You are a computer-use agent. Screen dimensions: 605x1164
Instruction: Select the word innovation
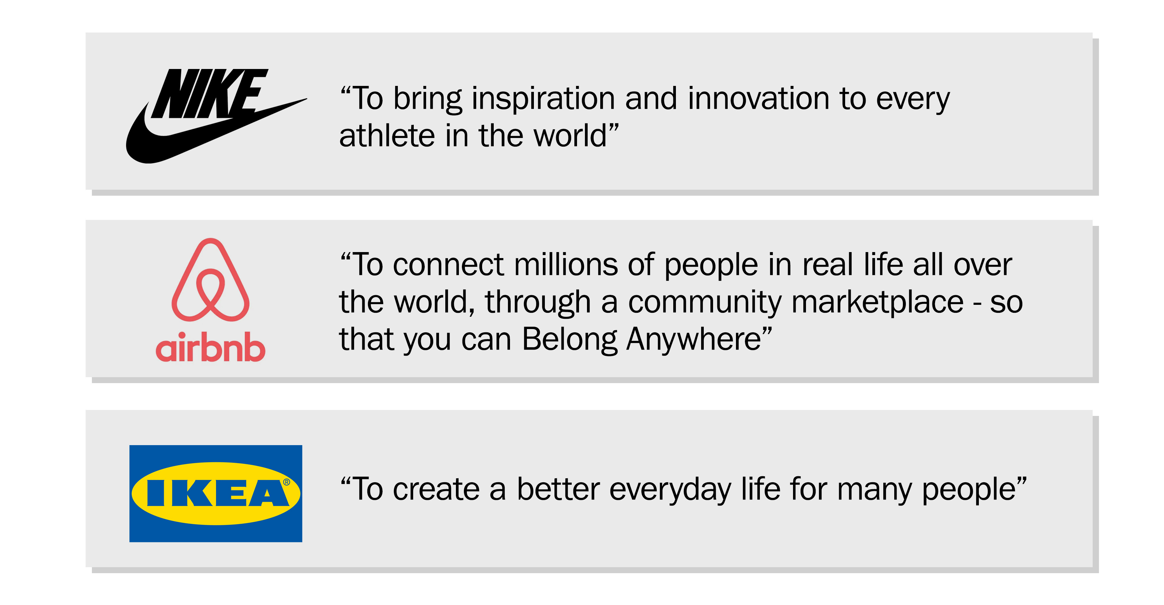tap(758, 99)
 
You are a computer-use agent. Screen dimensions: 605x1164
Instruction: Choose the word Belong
tap(569, 339)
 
